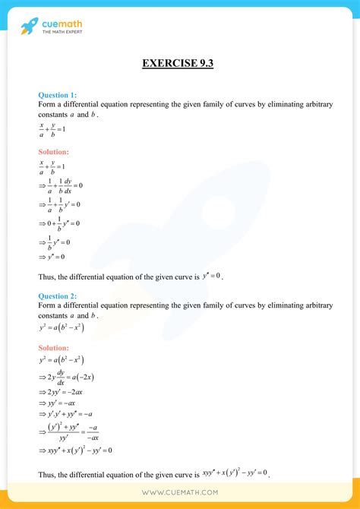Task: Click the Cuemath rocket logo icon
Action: click(28, 27)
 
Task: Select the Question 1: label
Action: click(57, 95)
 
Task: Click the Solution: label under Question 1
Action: click(55, 152)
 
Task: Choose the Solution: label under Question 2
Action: click(55, 347)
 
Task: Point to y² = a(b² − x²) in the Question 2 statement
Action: click(61, 328)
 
